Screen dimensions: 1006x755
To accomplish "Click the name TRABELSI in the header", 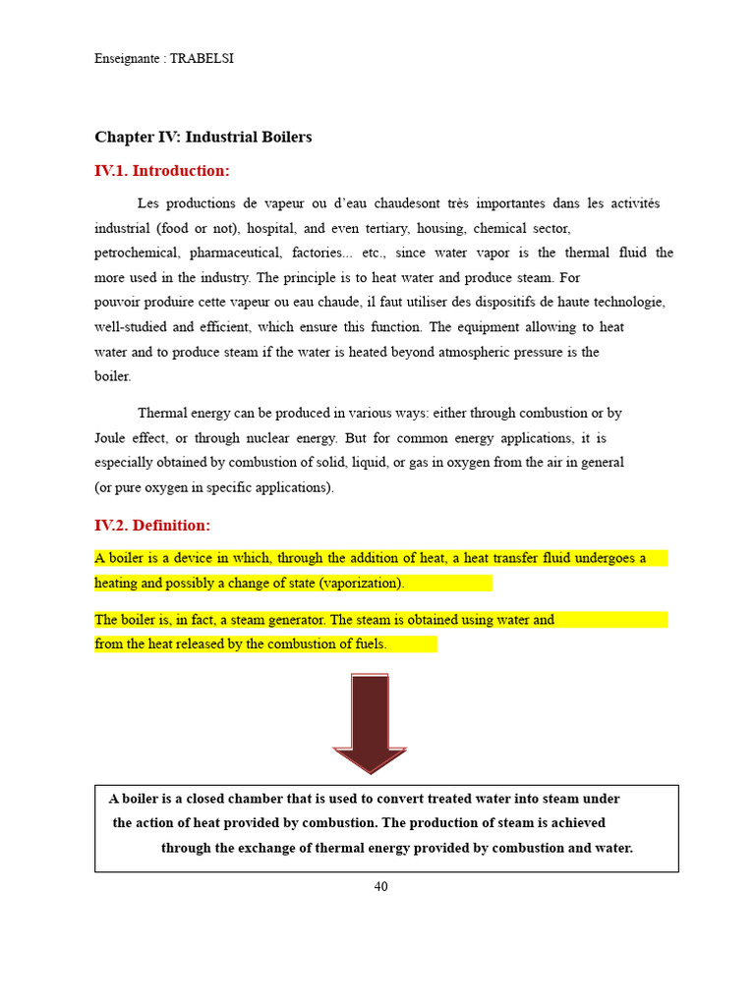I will [x=202, y=59].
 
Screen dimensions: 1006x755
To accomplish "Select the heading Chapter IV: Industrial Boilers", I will [x=203, y=138].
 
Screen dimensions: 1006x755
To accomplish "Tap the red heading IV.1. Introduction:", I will [x=161, y=171].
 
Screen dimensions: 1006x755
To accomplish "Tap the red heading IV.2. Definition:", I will [x=151, y=526].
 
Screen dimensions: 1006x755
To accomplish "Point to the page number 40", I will [x=380, y=887].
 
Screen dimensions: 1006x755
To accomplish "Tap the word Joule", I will [x=112, y=438].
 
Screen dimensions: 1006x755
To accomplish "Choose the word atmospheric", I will [x=450, y=352].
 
